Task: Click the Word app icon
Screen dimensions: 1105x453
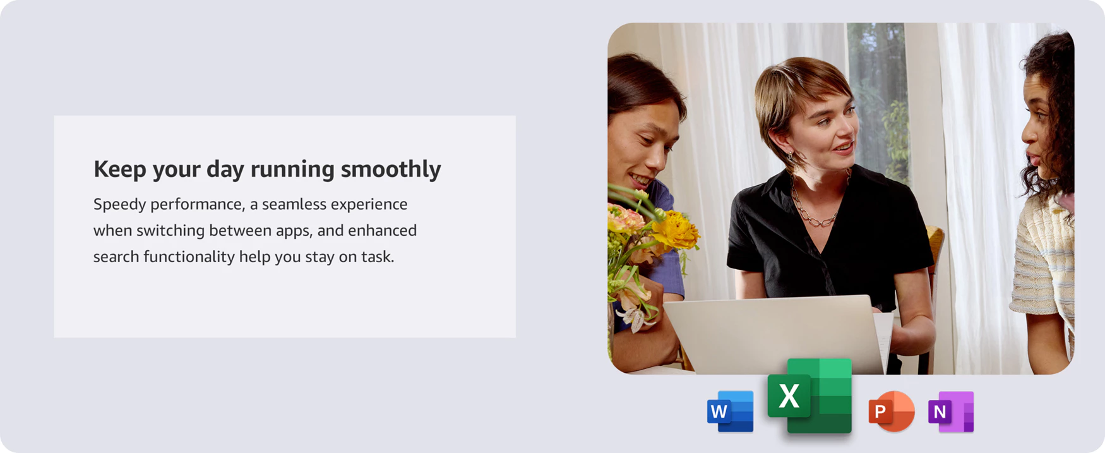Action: tap(731, 411)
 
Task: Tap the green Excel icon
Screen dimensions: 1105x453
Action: tap(810, 396)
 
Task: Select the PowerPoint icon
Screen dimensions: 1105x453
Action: tap(892, 411)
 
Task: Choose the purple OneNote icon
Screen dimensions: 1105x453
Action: tap(951, 412)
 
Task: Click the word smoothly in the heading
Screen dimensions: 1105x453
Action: tap(391, 169)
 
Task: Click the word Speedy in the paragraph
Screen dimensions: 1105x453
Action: tap(119, 205)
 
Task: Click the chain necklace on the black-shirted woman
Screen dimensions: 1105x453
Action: tap(815, 202)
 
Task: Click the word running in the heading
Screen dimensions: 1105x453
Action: tap(292, 169)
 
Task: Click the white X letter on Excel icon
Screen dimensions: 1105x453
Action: tap(789, 396)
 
